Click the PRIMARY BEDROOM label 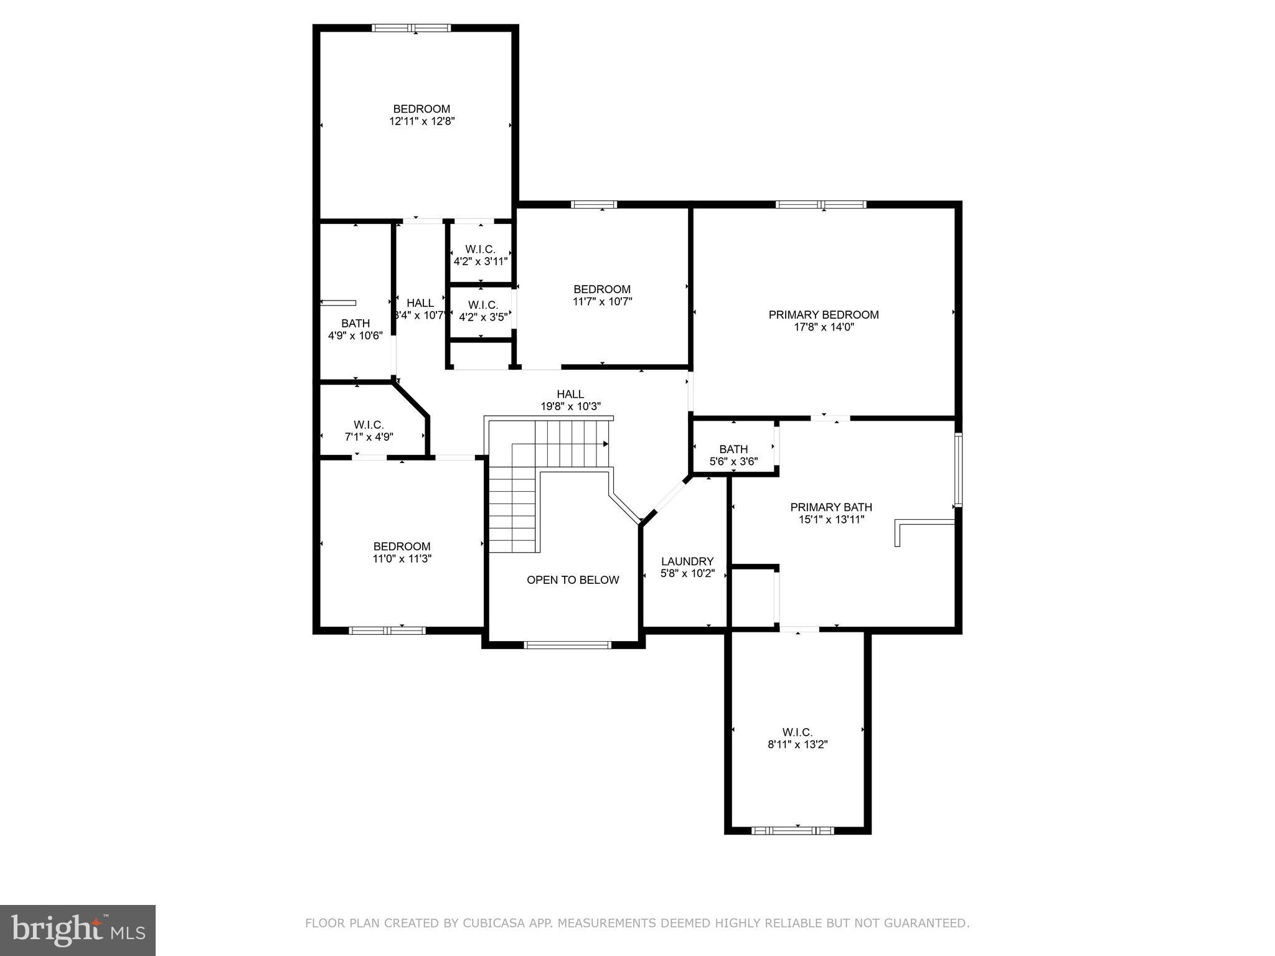click(823, 315)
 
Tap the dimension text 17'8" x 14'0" click(823, 327)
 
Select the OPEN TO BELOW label click(573, 580)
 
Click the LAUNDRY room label click(687, 561)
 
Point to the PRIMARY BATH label click(831, 507)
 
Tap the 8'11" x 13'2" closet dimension click(797, 744)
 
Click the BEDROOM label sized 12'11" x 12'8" click(421, 109)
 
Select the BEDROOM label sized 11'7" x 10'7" click(602, 289)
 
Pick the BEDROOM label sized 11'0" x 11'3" click(402, 546)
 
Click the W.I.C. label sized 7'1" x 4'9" click(369, 425)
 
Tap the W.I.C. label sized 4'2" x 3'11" click(481, 250)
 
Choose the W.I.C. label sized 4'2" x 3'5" click(483, 305)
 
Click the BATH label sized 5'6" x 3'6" click(733, 449)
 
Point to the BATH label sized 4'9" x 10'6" click(355, 324)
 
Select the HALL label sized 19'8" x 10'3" click(570, 394)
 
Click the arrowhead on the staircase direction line click(605, 444)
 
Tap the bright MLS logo click(78, 930)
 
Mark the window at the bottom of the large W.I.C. click(792, 830)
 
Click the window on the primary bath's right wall click(959, 470)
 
